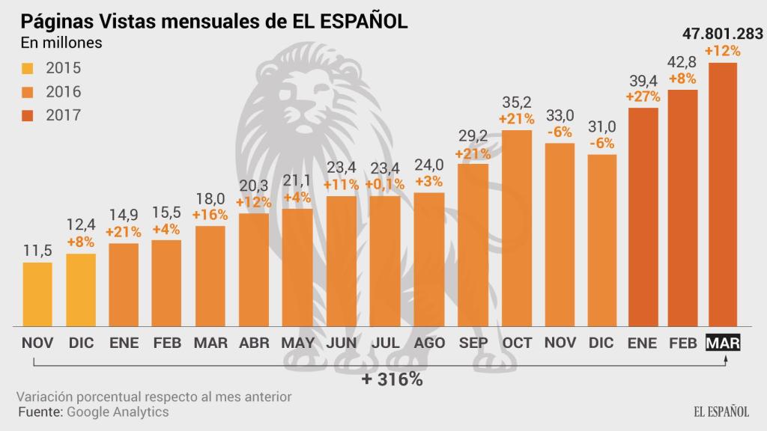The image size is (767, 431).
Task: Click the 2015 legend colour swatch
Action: click(28, 69)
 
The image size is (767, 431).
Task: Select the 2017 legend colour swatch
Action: click(28, 115)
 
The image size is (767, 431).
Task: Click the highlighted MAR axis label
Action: click(724, 343)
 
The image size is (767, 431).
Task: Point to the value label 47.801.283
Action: click(722, 34)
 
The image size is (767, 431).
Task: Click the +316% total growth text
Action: click(392, 379)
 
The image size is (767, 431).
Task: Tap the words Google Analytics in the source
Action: click(118, 412)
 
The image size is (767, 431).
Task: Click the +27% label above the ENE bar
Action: click(642, 97)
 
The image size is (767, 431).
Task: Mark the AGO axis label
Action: click(429, 343)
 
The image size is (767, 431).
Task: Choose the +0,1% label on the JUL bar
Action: click(385, 184)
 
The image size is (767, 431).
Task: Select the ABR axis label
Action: click(255, 343)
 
